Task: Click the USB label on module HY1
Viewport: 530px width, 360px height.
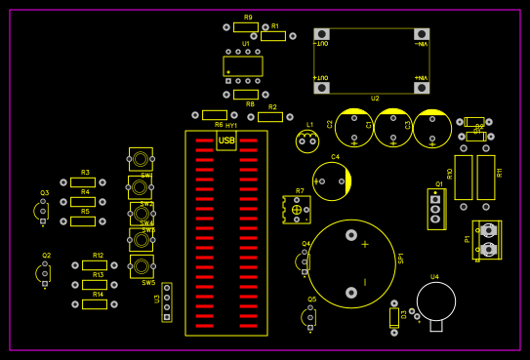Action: point(226,141)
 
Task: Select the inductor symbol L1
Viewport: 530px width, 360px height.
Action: point(307,142)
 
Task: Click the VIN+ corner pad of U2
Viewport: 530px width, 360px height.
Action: point(423,88)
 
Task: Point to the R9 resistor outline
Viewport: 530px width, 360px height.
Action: point(246,27)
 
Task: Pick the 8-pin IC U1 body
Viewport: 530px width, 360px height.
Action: point(243,66)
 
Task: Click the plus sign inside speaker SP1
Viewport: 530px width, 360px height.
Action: point(365,244)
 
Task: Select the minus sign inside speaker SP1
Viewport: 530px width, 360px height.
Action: point(365,282)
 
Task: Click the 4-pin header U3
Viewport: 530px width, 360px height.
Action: point(167,302)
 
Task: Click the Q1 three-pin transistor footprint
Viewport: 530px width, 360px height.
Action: point(435,207)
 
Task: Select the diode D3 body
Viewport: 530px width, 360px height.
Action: point(394,318)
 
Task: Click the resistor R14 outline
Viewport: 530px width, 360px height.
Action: point(95,304)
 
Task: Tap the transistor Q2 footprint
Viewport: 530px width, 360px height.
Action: point(44,274)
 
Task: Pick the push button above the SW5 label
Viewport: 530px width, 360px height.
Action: point(142,266)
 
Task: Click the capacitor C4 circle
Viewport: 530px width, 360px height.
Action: point(332,181)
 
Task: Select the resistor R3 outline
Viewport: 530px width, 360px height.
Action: point(83,182)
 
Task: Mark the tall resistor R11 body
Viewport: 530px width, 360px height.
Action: point(486,178)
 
